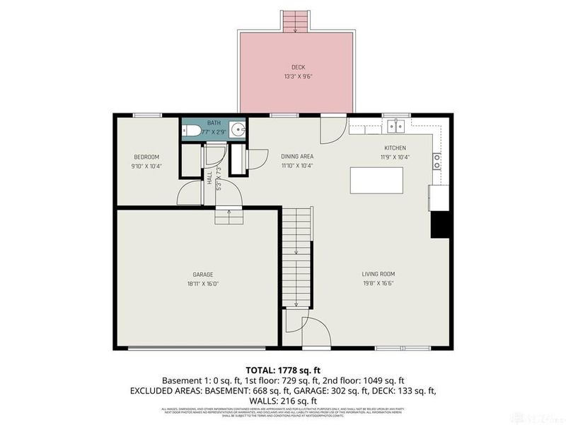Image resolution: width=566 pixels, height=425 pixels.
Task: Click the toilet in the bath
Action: point(190,130)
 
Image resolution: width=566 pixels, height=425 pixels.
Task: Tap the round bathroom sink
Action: point(239,130)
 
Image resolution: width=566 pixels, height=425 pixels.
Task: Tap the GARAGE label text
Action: point(203,274)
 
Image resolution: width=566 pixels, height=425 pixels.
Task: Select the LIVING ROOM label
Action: point(377,274)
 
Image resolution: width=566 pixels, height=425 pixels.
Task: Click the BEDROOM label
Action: point(146,157)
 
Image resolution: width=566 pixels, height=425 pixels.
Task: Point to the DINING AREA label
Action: point(296,157)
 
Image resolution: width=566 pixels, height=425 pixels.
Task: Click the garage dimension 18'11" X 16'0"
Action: point(203,283)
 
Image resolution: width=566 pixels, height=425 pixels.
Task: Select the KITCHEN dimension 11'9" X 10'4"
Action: point(395,157)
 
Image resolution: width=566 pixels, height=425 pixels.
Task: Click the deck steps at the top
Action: point(296,21)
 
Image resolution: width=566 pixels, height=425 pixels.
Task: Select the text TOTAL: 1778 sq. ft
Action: point(283,370)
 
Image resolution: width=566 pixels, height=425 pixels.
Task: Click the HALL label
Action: point(210,178)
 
